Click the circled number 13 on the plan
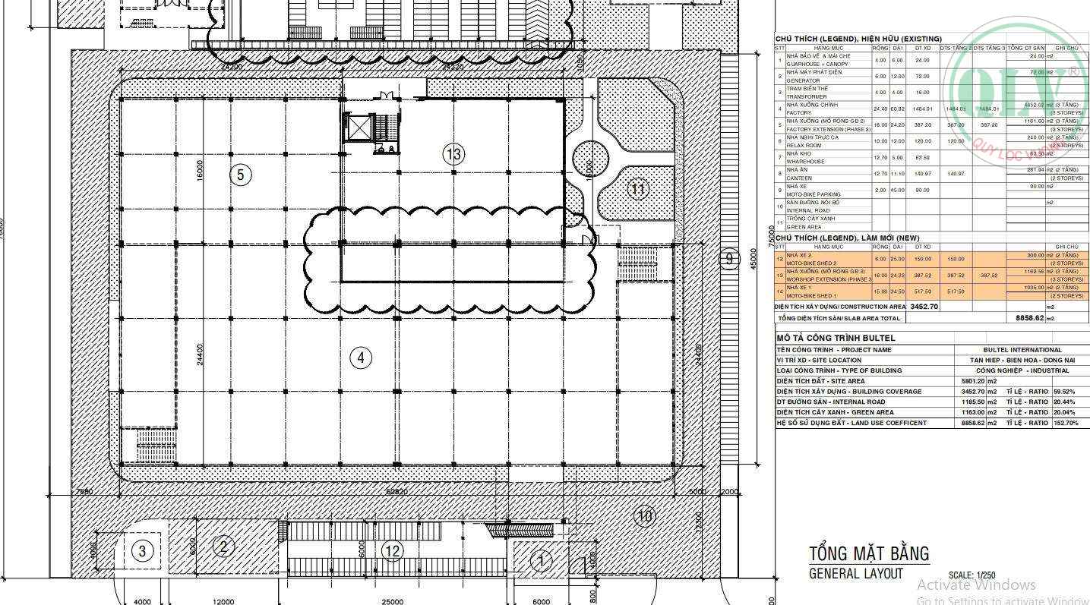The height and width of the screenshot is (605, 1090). (x=453, y=154)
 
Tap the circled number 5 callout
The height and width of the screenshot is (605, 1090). (x=240, y=175)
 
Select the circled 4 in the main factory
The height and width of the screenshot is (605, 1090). (x=361, y=357)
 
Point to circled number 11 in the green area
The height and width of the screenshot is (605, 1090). (x=638, y=189)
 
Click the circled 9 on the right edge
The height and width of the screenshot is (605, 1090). (x=728, y=259)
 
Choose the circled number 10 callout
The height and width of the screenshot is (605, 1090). (x=644, y=517)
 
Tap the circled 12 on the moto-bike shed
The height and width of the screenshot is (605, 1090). (x=392, y=551)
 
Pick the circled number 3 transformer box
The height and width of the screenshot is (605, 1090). (x=143, y=550)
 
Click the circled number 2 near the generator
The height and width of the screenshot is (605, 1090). (x=223, y=546)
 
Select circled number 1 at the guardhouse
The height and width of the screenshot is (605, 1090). (x=541, y=562)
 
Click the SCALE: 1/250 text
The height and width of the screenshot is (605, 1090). (x=972, y=575)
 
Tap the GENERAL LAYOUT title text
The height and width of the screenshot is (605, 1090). (x=856, y=574)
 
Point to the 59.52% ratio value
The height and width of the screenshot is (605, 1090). (x=1065, y=392)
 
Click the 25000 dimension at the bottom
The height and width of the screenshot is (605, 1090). (x=392, y=601)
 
